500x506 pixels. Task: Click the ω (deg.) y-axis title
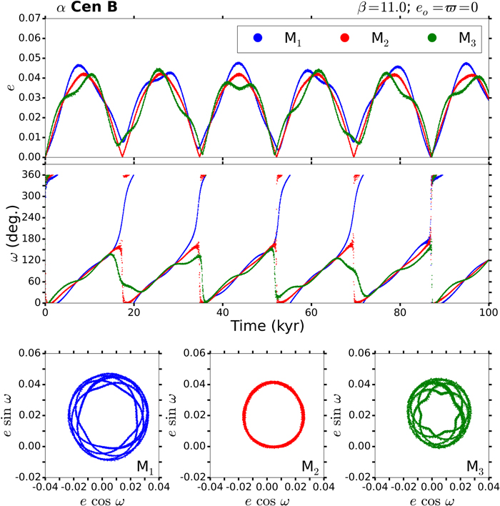pos(10,239)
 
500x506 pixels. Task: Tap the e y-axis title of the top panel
pos(10,87)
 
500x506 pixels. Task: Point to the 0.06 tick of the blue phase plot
pos(31,352)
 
